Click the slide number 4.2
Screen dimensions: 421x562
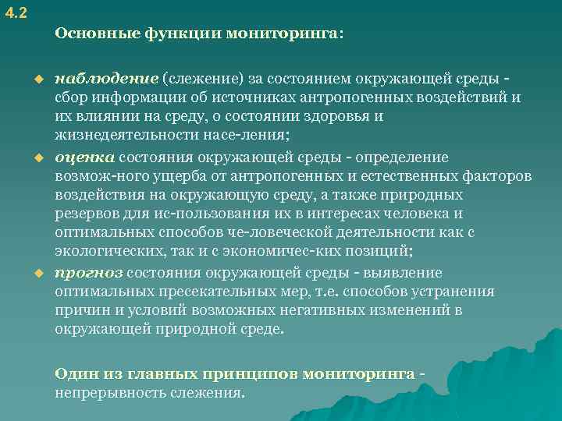[13, 11]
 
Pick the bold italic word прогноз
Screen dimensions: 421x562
[89, 272]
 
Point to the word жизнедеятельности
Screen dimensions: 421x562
[116, 136]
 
